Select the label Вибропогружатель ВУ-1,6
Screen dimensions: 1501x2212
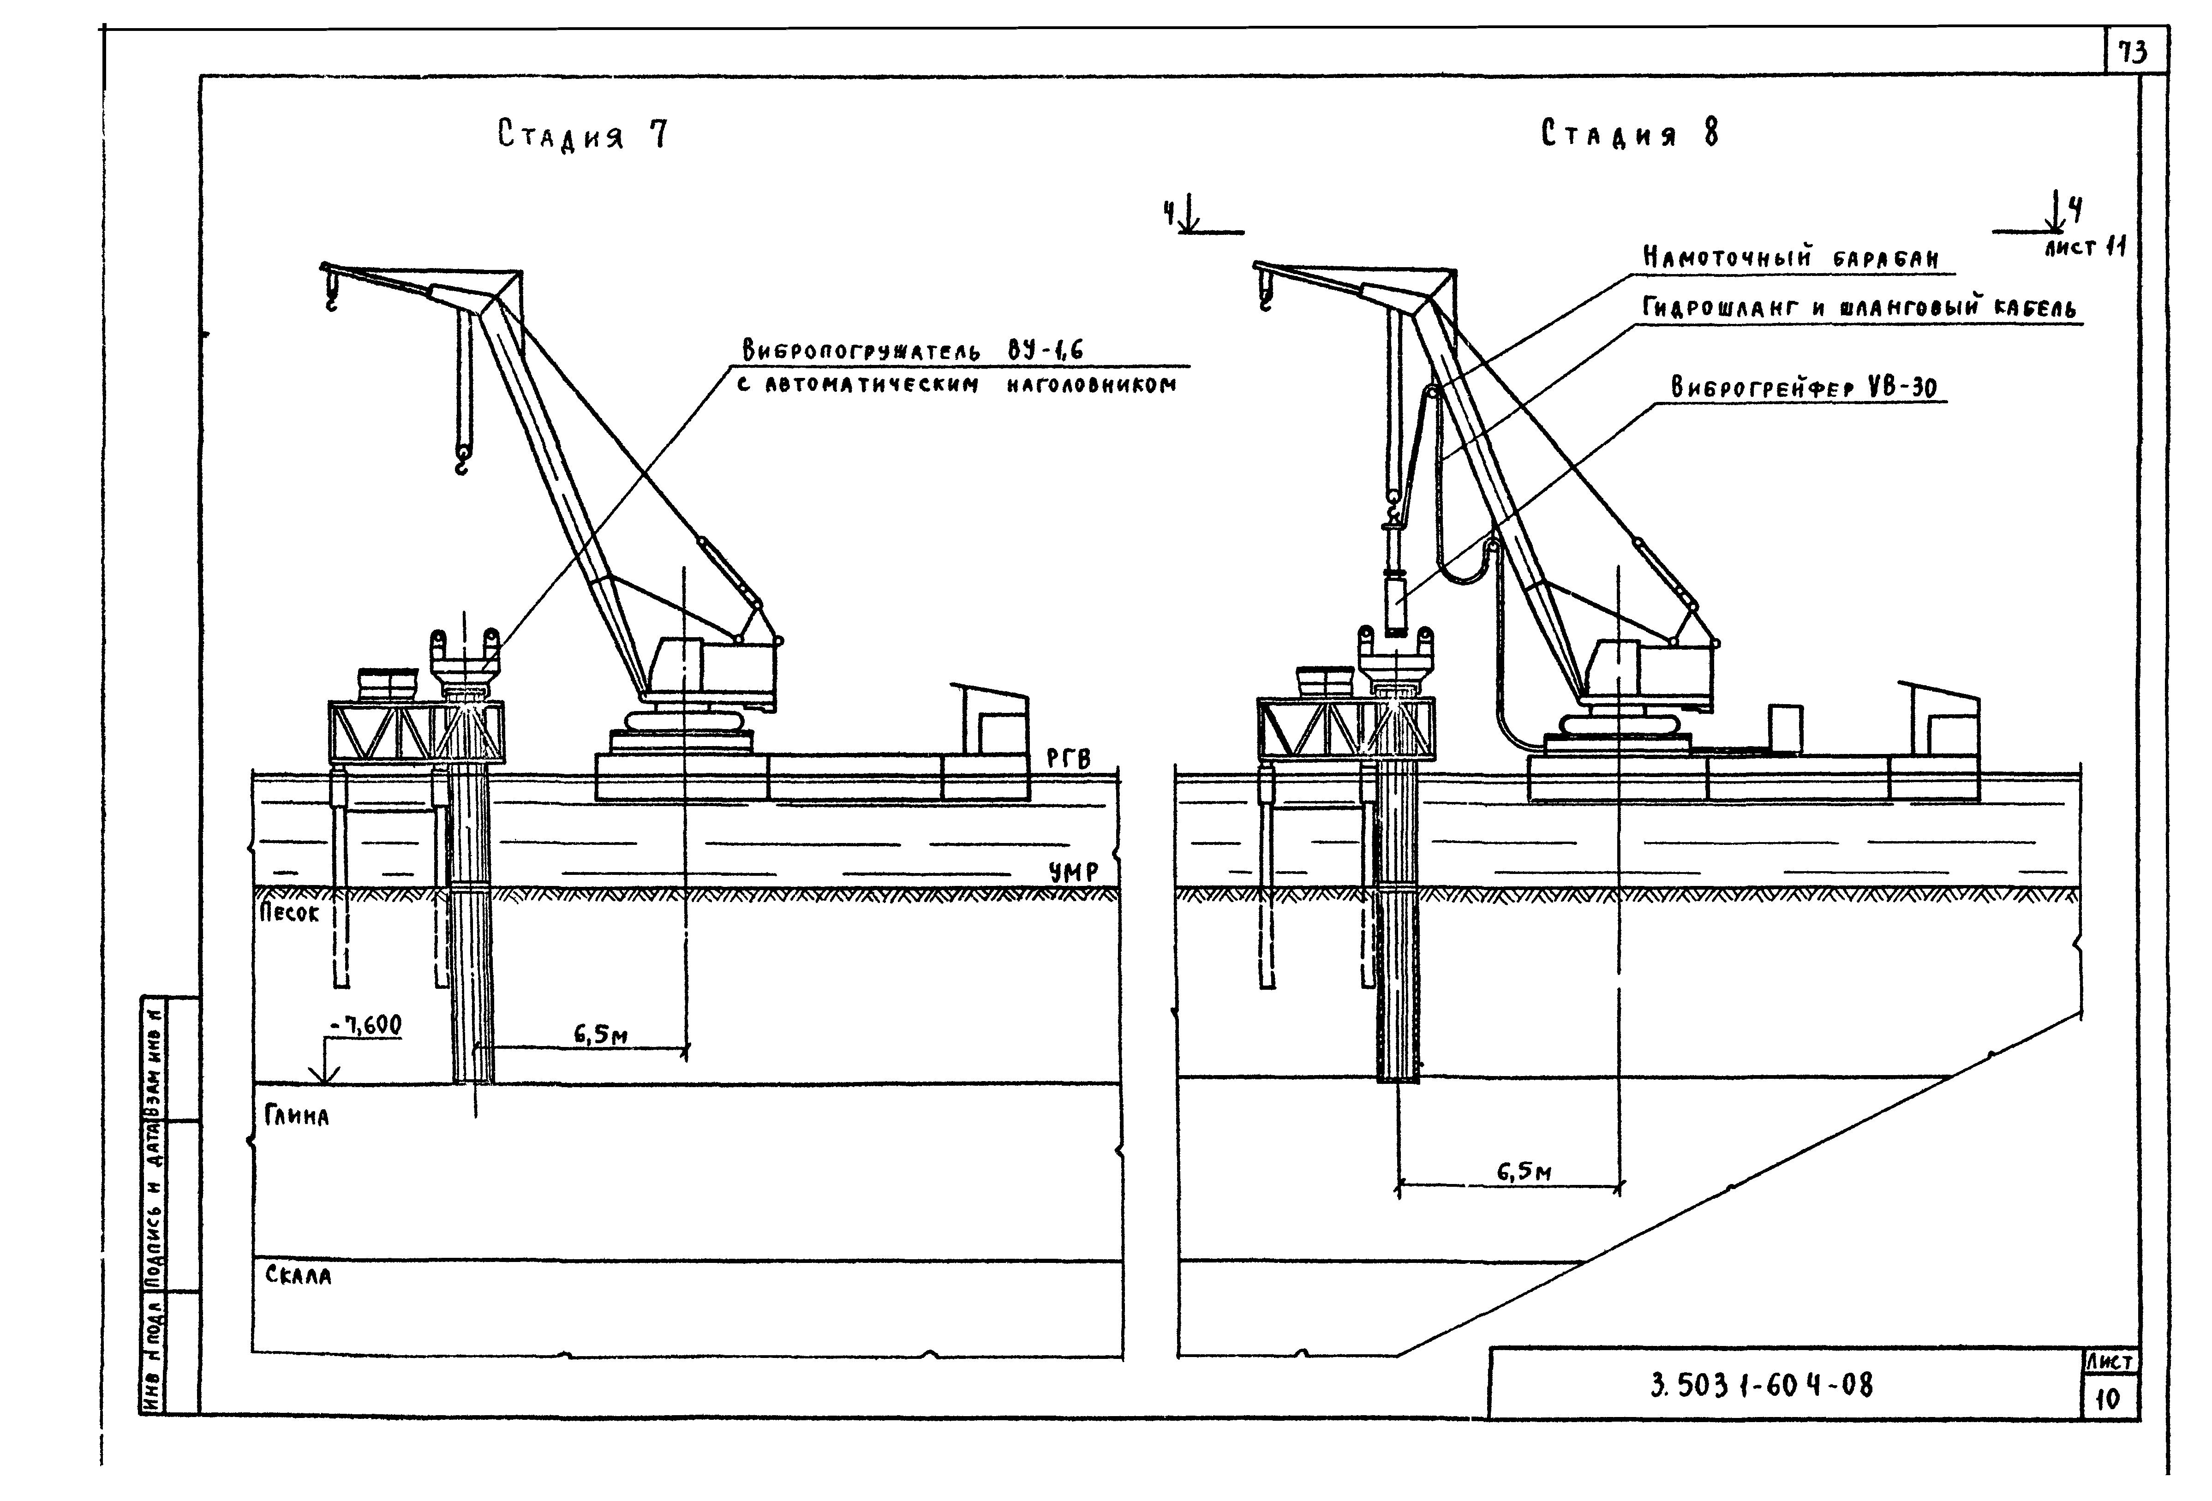tap(912, 351)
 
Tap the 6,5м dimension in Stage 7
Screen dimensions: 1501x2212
tap(600, 1035)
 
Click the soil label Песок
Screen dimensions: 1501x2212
tap(289, 913)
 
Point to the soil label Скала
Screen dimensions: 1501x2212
tap(298, 1275)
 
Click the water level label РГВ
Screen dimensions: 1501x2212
tap(1068, 759)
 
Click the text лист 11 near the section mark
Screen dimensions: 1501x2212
tap(2085, 247)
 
